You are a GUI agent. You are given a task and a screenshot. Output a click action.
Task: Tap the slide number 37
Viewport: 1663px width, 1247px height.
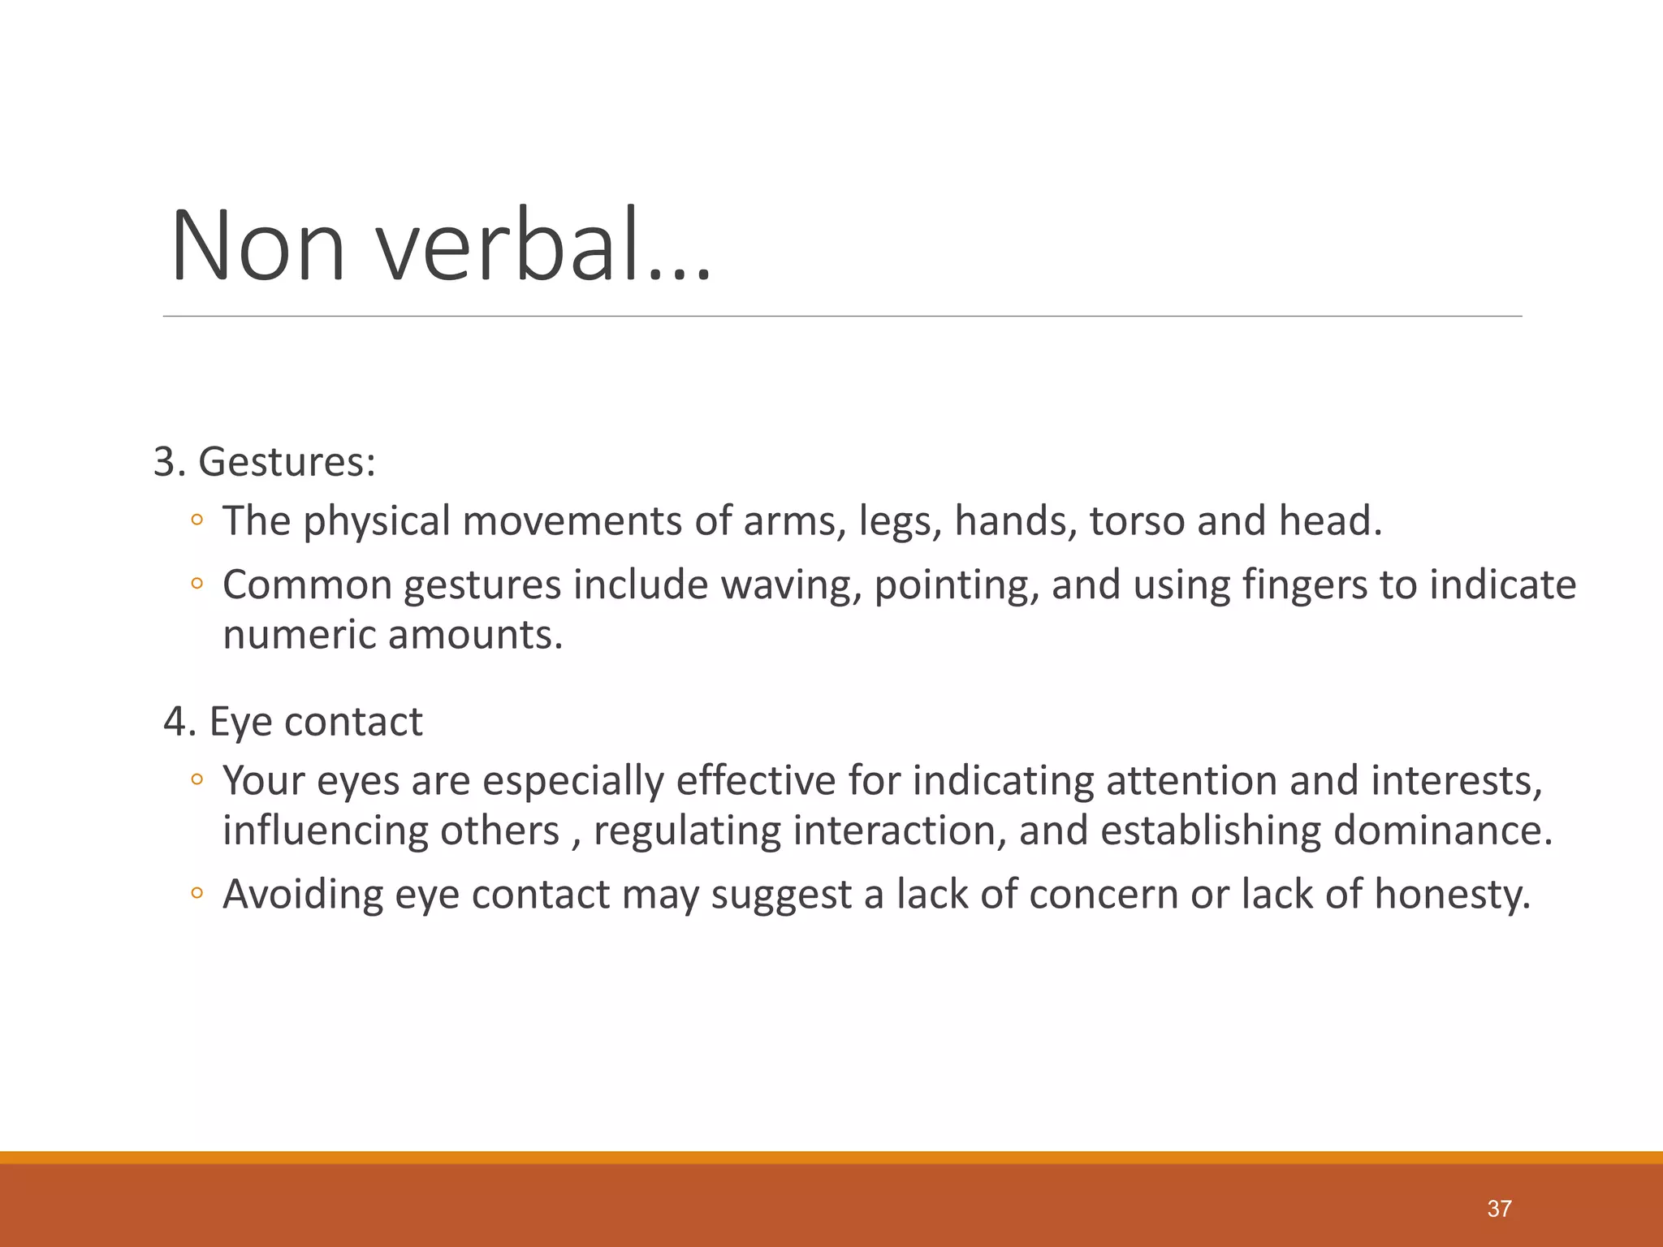coord(1499,1209)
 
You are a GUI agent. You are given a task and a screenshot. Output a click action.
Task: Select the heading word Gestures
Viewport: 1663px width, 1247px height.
coord(287,462)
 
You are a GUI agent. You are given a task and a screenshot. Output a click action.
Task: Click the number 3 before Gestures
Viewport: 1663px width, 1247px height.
coord(165,462)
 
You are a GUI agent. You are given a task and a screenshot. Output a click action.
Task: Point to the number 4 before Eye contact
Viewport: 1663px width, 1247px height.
coord(175,721)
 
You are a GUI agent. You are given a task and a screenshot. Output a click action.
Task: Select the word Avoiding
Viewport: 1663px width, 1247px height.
coord(303,895)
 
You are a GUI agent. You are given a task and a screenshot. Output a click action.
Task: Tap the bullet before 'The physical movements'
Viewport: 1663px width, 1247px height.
coord(197,521)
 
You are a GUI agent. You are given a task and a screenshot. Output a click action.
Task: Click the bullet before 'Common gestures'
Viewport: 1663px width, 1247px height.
coord(197,585)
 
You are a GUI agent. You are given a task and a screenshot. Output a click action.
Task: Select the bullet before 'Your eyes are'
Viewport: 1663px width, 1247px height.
coord(197,781)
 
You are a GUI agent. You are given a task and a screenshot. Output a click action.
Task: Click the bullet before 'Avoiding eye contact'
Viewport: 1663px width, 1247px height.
coord(197,895)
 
